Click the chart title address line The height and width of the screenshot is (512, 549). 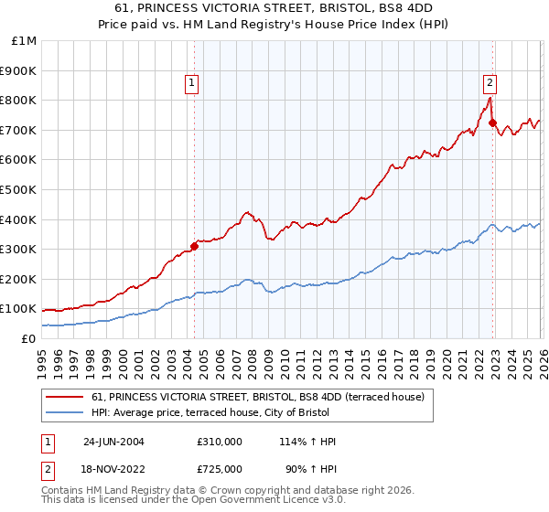(x=274, y=9)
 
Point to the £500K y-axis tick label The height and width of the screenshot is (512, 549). (x=19, y=189)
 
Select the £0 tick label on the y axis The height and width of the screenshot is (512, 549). (x=29, y=338)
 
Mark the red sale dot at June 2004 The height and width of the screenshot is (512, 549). (x=194, y=246)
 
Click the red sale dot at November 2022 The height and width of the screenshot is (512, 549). (x=492, y=123)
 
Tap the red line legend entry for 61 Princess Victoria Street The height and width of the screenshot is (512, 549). (x=257, y=398)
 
